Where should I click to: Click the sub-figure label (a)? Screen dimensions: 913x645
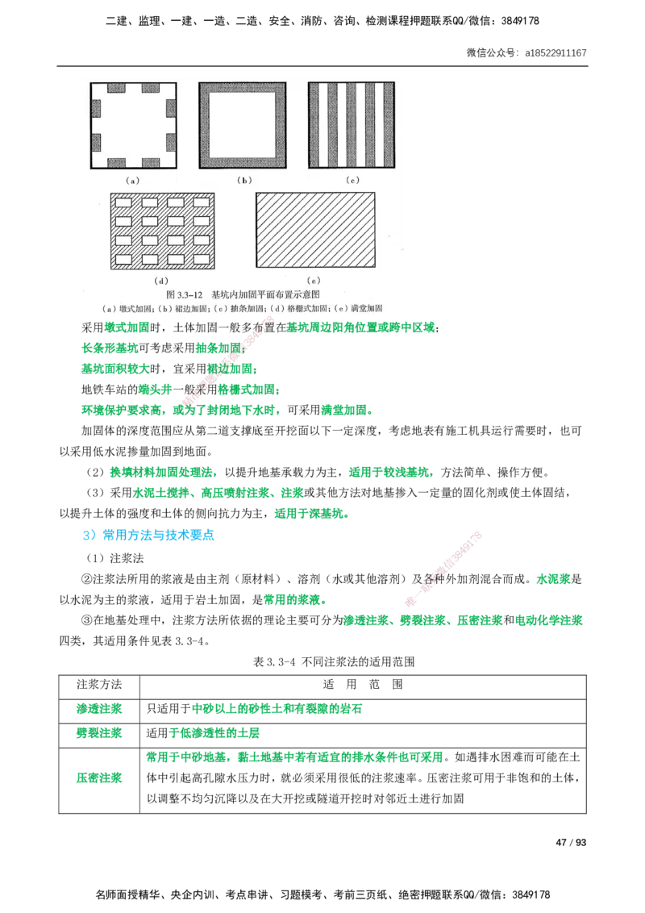[x=133, y=181]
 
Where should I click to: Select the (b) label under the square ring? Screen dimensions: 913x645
[x=244, y=181]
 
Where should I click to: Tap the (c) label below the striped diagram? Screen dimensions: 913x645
[x=352, y=181]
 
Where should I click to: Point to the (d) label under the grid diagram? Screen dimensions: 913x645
[x=162, y=280]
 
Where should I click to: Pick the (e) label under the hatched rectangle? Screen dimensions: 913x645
[x=314, y=280]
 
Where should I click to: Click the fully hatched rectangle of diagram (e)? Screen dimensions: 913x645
[x=314, y=230]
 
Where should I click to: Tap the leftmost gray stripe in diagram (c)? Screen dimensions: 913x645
[x=315, y=125]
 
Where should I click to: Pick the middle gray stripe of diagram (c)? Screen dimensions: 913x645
[x=352, y=125]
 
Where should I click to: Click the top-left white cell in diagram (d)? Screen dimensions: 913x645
[x=124, y=203]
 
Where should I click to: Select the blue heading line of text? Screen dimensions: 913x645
[x=149, y=536]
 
